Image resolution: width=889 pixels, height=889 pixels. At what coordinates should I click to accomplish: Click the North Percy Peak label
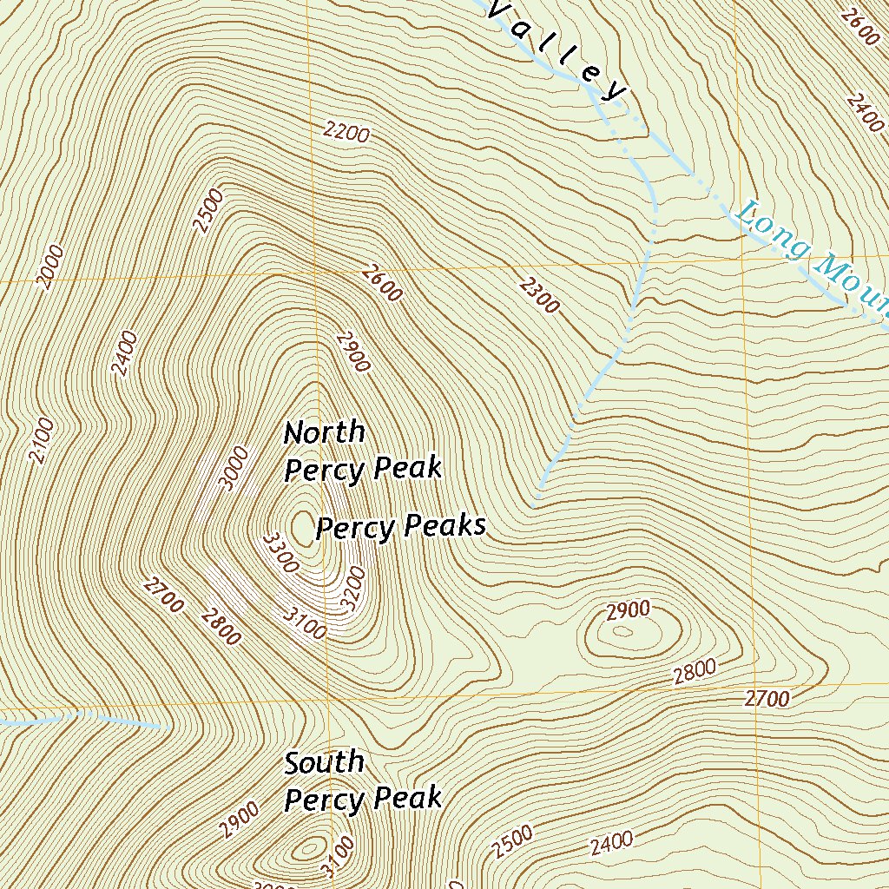point(363,451)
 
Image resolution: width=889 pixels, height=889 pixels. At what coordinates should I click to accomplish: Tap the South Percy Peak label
point(363,780)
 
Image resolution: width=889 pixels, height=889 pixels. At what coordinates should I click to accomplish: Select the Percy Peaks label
point(400,527)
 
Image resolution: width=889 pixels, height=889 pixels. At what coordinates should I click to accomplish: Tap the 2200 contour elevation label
point(346,132)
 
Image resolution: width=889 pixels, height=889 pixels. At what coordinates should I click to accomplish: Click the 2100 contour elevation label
point(41,440)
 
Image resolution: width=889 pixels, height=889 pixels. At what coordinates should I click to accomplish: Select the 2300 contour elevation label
point(539,294)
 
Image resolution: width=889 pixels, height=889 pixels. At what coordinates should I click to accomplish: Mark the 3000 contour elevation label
point(234,469)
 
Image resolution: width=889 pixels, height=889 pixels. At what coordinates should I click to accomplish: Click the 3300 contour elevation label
point(280,553)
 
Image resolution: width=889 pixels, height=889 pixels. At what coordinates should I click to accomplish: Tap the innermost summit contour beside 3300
point(303,526)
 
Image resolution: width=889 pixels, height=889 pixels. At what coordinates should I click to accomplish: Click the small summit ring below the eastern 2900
point(622,631)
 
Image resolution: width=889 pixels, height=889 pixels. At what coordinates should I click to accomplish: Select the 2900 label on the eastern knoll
point(629,610)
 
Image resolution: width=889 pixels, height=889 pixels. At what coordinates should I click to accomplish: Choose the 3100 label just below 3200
point(305,622)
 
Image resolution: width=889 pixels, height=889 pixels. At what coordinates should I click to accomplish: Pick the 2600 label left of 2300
point(382,283)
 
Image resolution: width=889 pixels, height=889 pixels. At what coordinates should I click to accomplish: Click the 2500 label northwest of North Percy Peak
point(209,211)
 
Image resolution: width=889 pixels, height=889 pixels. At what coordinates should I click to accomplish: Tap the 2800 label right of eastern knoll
point(695,669)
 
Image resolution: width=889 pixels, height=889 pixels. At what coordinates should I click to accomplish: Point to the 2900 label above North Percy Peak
point(352,351)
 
